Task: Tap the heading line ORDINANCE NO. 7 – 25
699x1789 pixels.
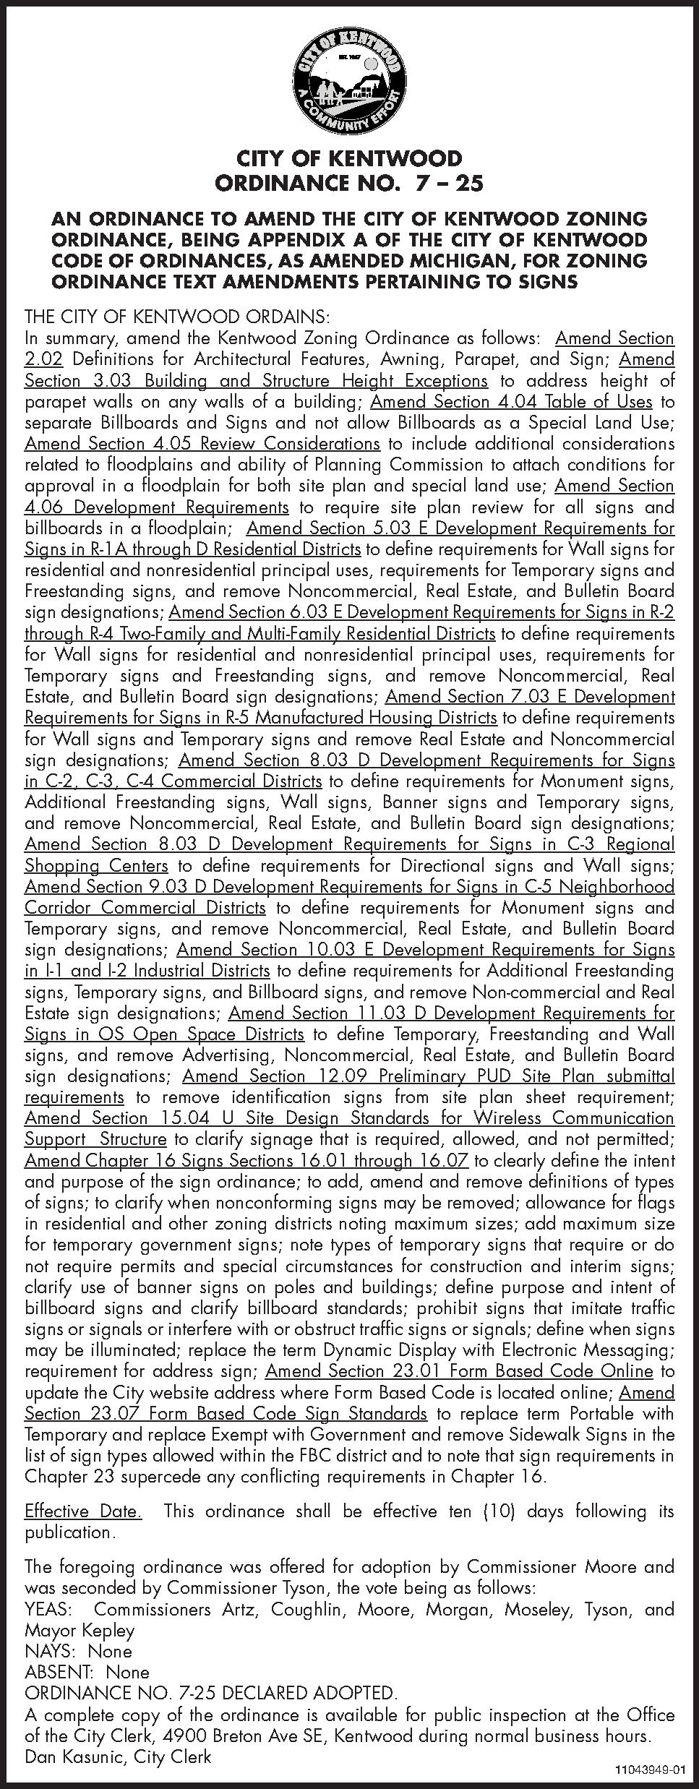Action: click(349, 184)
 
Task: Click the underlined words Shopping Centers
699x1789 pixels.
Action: click(96, 865)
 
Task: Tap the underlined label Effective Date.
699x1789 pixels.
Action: click(83, 1511)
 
